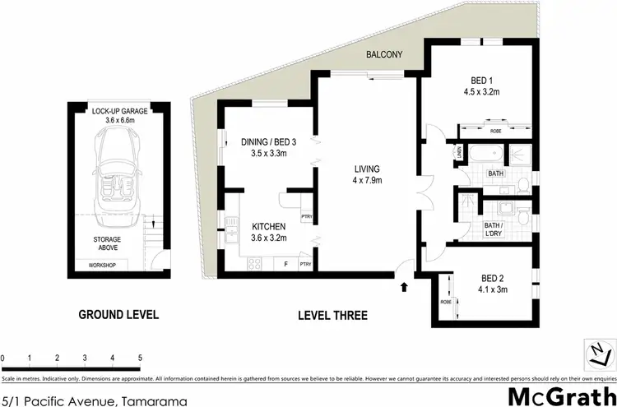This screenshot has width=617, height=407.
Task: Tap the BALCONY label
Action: (383, 55)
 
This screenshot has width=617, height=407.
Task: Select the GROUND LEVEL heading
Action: (118, 314)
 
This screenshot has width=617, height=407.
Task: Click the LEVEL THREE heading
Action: (333, 315)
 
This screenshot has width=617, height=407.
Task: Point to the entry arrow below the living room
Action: (404, 287)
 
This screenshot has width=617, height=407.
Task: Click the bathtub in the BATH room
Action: (480, 155)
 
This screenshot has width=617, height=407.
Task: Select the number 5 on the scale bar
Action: (140, 358)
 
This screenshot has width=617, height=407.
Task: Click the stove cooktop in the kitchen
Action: (255, 264)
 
